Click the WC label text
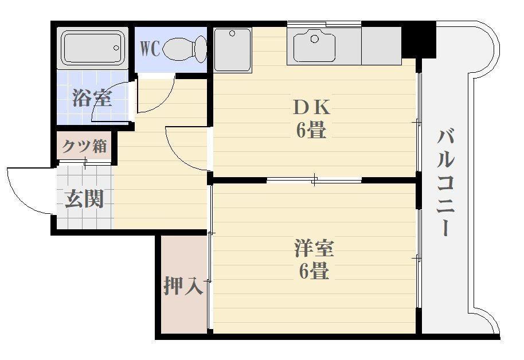point(150,48)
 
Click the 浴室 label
point(92,98)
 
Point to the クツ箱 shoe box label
point(85,146)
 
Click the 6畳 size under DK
point(311,131)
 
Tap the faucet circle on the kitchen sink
point(314,39)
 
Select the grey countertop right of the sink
point(381,46)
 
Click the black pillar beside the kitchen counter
point(418,40)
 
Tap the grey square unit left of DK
point(232,49)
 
